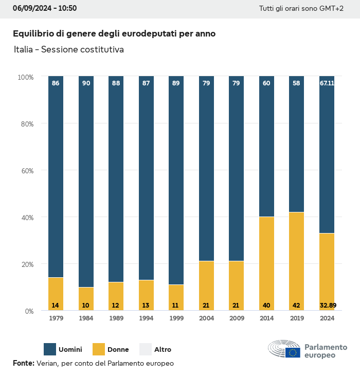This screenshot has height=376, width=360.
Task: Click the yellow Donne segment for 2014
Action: (266, 263)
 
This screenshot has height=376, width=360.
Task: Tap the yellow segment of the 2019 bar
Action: (296, 261)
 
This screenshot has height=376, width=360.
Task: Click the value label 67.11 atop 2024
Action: (327, 83)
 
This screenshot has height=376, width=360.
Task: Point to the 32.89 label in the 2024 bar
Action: (327, 306)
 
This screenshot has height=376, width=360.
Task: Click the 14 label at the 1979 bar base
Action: (56, 306)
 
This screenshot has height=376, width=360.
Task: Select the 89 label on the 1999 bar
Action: (176, 83)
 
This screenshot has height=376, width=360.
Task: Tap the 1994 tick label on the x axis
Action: (146, 318)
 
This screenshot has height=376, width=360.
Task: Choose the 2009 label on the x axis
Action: (236, 318)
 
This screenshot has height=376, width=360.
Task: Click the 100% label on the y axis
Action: (26, 77)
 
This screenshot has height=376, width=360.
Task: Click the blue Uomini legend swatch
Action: (50, 349)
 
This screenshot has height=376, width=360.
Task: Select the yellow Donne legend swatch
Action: (98, 349)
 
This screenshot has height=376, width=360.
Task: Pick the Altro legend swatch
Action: (146, 349)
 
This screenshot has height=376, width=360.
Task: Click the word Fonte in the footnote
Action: (23, 363)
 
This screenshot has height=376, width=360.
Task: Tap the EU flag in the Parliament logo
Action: (293, 352)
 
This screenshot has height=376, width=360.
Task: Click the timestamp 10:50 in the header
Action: (67, 8)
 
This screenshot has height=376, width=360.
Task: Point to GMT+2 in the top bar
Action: (331, 9)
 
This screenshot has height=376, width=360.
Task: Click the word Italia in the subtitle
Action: (24, 50)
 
